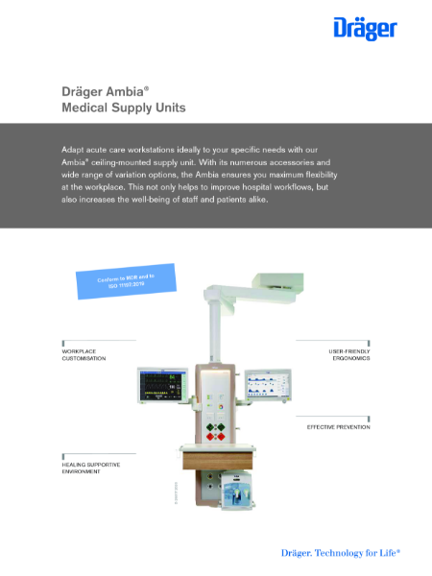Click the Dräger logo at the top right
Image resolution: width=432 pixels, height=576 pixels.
(364, 28)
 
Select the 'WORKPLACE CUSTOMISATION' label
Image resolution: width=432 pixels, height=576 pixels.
(84, 355)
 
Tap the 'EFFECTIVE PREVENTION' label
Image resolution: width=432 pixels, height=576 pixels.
(338, 425)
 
